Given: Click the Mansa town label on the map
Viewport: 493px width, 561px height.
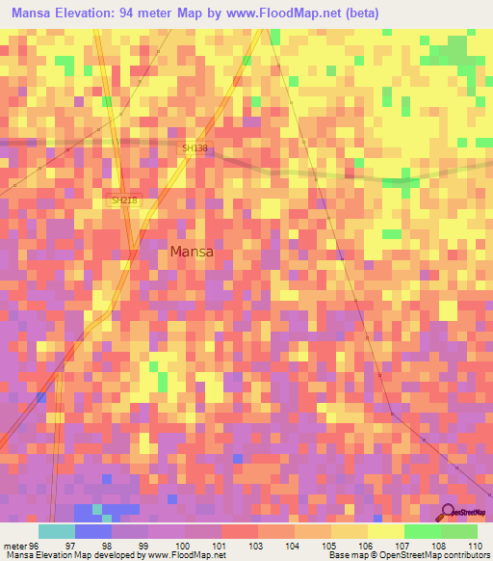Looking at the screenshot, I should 191,252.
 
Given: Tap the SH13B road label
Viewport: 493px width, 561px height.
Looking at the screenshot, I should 195,148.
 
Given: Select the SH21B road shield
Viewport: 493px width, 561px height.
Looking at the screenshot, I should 124,200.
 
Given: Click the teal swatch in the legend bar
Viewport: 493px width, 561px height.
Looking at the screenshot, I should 56,531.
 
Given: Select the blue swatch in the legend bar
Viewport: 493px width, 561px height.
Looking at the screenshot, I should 92,531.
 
